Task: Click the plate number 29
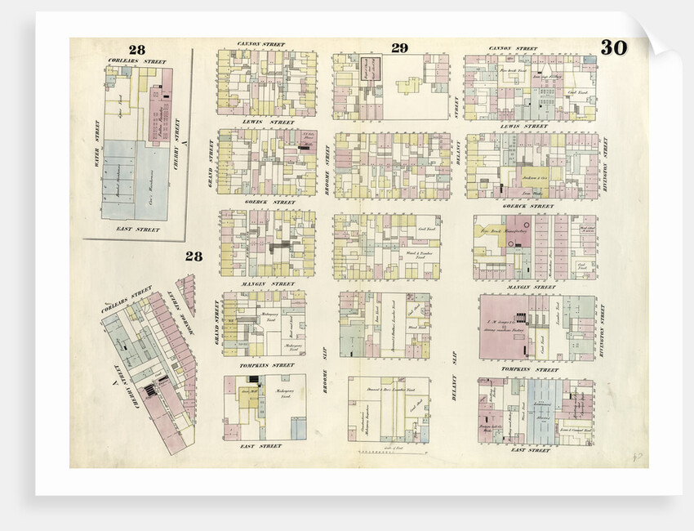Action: tap(398, 48)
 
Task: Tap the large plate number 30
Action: tap(613, 48)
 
